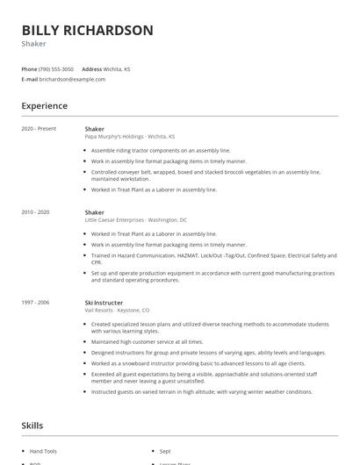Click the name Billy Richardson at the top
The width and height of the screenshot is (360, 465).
coord(87,31)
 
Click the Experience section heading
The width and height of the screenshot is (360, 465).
coord(44,106)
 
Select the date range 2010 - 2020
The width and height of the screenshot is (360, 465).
coord(36,212)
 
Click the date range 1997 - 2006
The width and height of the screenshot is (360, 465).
coord(36,303)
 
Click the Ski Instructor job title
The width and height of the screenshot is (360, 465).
coord(104,303)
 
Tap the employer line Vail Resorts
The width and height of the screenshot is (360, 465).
coord(118,310)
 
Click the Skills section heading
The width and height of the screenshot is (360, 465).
coord(32,426)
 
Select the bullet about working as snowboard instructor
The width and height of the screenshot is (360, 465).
coord(198,362)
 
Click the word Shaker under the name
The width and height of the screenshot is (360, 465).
coord(33,42)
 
